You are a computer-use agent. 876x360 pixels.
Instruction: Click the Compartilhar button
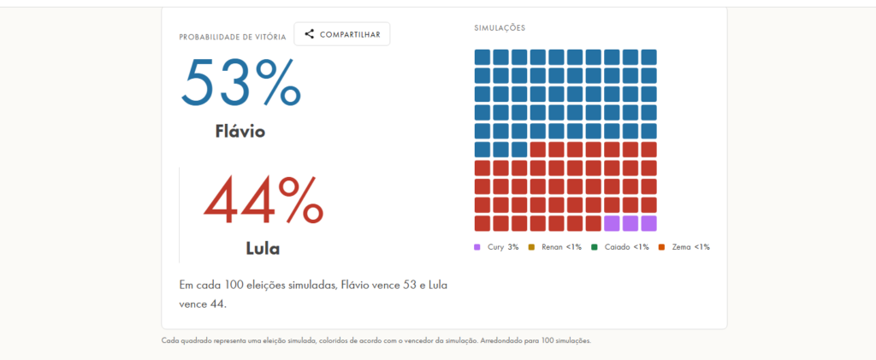click(342, 34)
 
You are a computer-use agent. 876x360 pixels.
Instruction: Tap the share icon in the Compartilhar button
click(310, 34)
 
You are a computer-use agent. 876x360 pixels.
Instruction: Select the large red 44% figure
click(263, 199)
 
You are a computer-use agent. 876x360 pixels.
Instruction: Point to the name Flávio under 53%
click(240, 131)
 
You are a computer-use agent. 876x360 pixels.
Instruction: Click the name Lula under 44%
click(263, 248)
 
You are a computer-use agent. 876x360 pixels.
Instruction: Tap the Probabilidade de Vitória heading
click(233, 38)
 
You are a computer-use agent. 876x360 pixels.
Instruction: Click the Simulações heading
click(500, 28)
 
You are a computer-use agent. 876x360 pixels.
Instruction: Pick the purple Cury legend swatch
click(477, 247)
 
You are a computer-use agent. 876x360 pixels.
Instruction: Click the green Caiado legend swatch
click(595, 247)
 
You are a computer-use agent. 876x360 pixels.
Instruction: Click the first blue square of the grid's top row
click(482, 57)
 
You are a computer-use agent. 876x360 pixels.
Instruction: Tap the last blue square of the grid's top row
click(648, 57)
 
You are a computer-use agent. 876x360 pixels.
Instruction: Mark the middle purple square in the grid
click(630, 223)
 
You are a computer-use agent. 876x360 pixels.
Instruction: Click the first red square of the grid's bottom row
click(482, 223)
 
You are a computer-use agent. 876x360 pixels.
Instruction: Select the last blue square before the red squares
click(519, 150)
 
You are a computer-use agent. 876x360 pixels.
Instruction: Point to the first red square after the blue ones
click(538, 150)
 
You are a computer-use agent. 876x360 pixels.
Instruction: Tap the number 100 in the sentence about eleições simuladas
click(234, 285)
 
